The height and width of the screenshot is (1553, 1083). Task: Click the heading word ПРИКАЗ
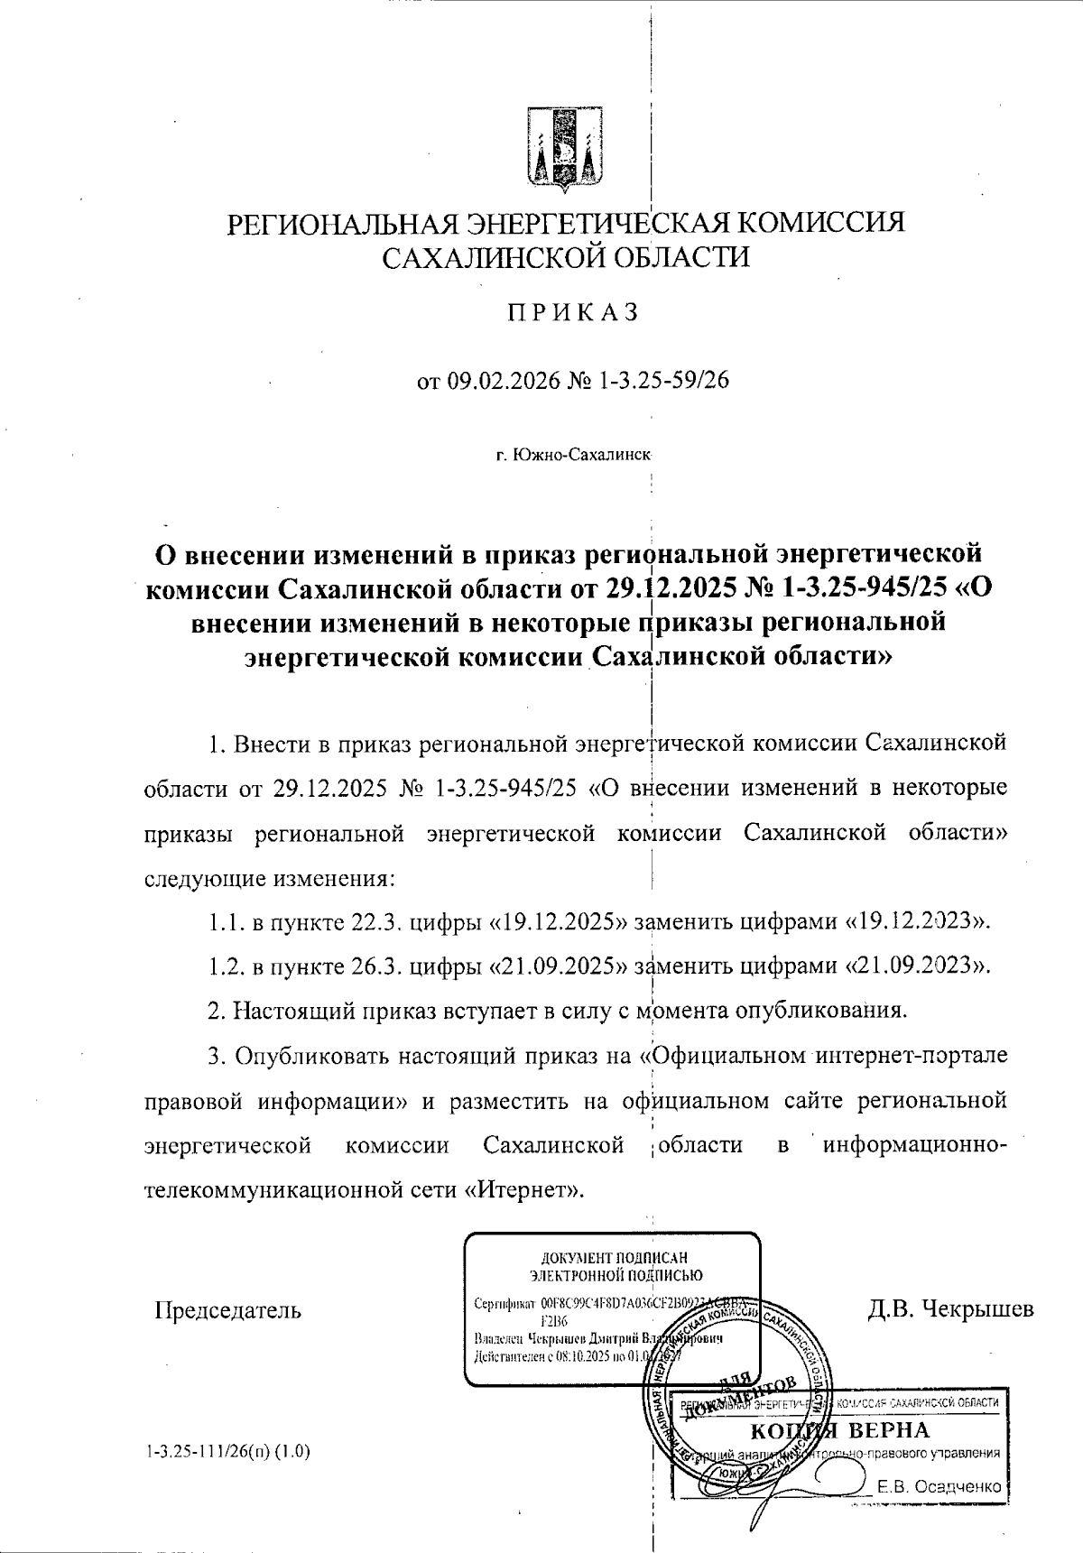click(572, 312)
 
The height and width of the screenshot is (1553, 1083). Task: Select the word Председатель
click(229, 1310)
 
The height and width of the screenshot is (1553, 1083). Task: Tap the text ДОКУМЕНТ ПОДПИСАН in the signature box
click(614, 1258)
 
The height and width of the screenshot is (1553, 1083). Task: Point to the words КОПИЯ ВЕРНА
click(840, 1431)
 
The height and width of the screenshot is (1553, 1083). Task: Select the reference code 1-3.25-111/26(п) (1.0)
click(227, 1452)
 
